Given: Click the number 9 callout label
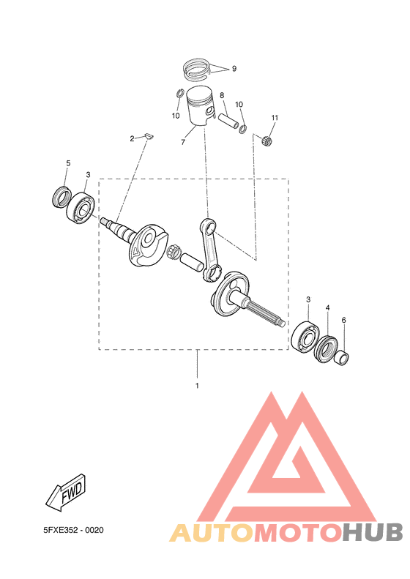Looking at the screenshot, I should click(x=234, y=68).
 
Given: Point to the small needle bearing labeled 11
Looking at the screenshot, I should click(x=268, y=140).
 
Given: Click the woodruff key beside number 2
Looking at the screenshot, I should click(x=146, y=135).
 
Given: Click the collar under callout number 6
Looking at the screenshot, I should click(x=343, y=358).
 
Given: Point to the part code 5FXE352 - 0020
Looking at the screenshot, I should click(x=73, y=529).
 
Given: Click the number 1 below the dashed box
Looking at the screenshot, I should click(x=197, y=384).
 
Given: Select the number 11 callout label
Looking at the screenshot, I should click(x=275, y=118).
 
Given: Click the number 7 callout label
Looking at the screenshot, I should click(x=182, y=142).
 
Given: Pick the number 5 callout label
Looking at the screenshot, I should click(x=68, y=163).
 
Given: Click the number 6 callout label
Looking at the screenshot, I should click(x=343, y=320).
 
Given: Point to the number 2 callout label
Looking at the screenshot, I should click(x=133, y=138).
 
